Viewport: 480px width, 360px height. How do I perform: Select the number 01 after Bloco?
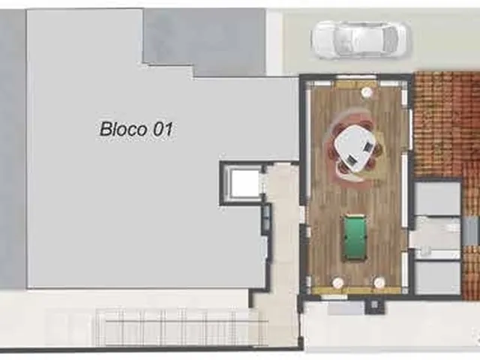163,129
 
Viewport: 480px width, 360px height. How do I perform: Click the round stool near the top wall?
367,91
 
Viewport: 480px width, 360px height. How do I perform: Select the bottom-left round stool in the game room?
337,282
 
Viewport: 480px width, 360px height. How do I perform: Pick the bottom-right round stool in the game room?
379,282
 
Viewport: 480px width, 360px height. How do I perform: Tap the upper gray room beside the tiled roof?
437,197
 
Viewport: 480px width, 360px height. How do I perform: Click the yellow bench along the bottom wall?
356,290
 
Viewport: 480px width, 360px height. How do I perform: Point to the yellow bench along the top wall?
355,84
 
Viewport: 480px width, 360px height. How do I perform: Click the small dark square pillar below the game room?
373,304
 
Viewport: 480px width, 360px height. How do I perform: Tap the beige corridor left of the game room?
284,232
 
